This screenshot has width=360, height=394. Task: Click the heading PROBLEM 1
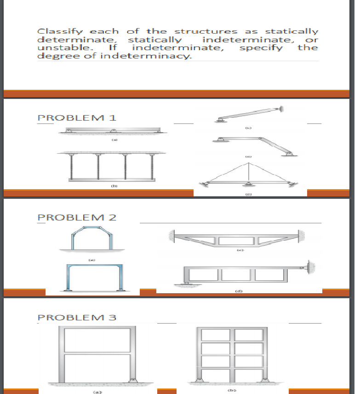[x=77, y=117]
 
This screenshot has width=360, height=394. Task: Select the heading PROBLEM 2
[x=77, y=217]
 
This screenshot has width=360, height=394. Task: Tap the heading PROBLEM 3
[x=77, y=317]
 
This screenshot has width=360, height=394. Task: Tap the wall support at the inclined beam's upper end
[x=280, y=109]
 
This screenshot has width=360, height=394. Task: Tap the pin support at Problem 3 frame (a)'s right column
[x=132, y=380]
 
